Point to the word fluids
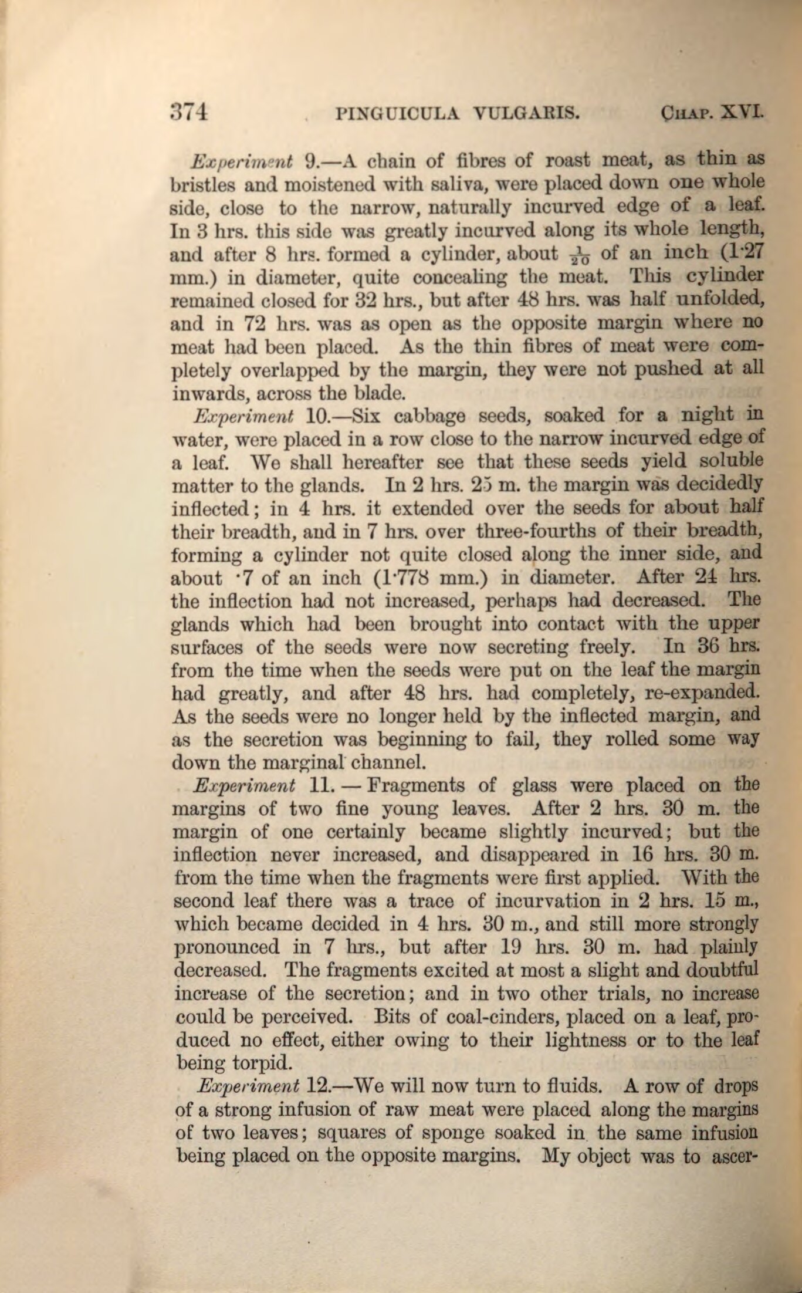click(571, 1086)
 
